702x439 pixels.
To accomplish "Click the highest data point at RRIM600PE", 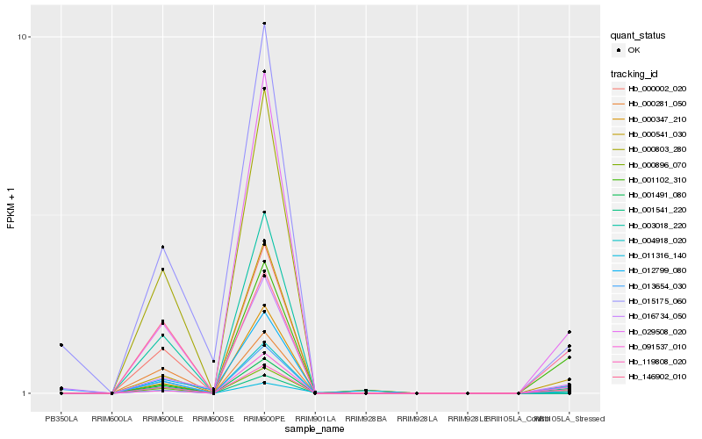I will click(264, 23).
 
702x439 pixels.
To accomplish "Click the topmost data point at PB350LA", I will click(61, 345).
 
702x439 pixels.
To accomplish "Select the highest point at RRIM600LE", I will click(162, 247).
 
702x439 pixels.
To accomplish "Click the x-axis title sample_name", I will click(315, 429).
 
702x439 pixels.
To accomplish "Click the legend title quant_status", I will click(639, 36).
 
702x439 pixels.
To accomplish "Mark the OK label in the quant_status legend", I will click(634, 51).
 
